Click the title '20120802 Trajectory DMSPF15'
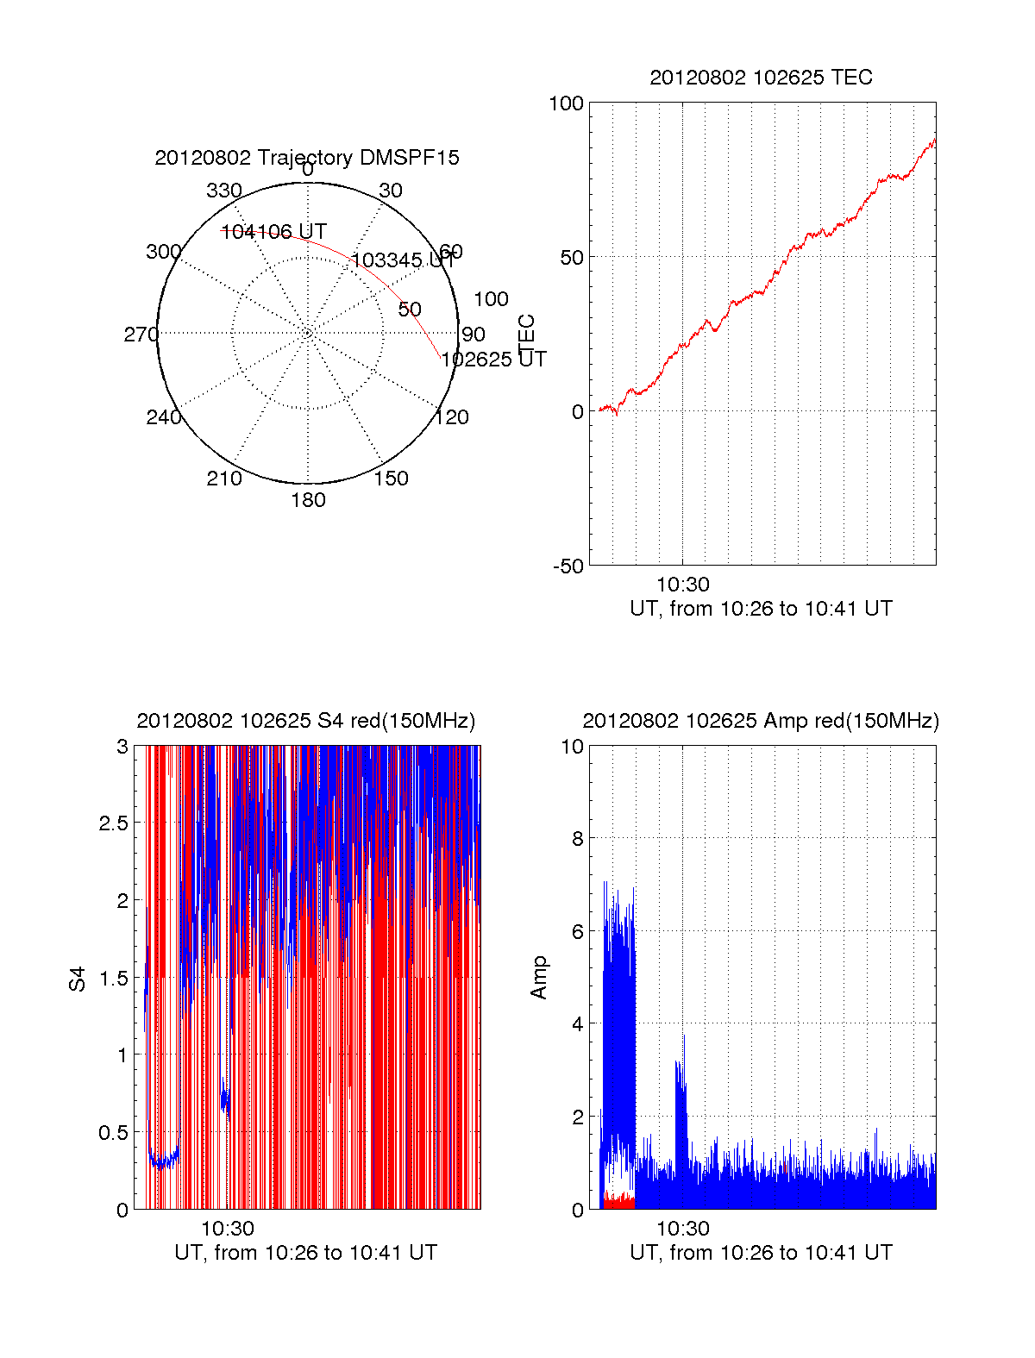coord(307,158)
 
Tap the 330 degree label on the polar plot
coord(224,191)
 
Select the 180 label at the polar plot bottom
coord(308,500)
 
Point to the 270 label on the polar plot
coord(141,335)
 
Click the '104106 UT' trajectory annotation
coord(273,232)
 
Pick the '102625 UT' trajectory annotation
coord(493,360)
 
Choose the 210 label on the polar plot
coord(224,479)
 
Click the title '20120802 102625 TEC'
coord(761,78)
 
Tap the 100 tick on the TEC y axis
coord(567,103)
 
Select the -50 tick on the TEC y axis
coord(568,566)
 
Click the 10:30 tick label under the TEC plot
coord(682,585)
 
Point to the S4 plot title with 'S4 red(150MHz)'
coord(306,721)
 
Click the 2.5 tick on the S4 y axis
coord(115,823)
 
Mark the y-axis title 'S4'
coord(78,979)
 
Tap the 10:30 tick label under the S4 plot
coord(228,1229)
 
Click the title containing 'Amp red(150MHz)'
coord(761,721)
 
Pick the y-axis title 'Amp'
coord(539,978)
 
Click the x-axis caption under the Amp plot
coord(761,1253)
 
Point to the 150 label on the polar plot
coord(391,479)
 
